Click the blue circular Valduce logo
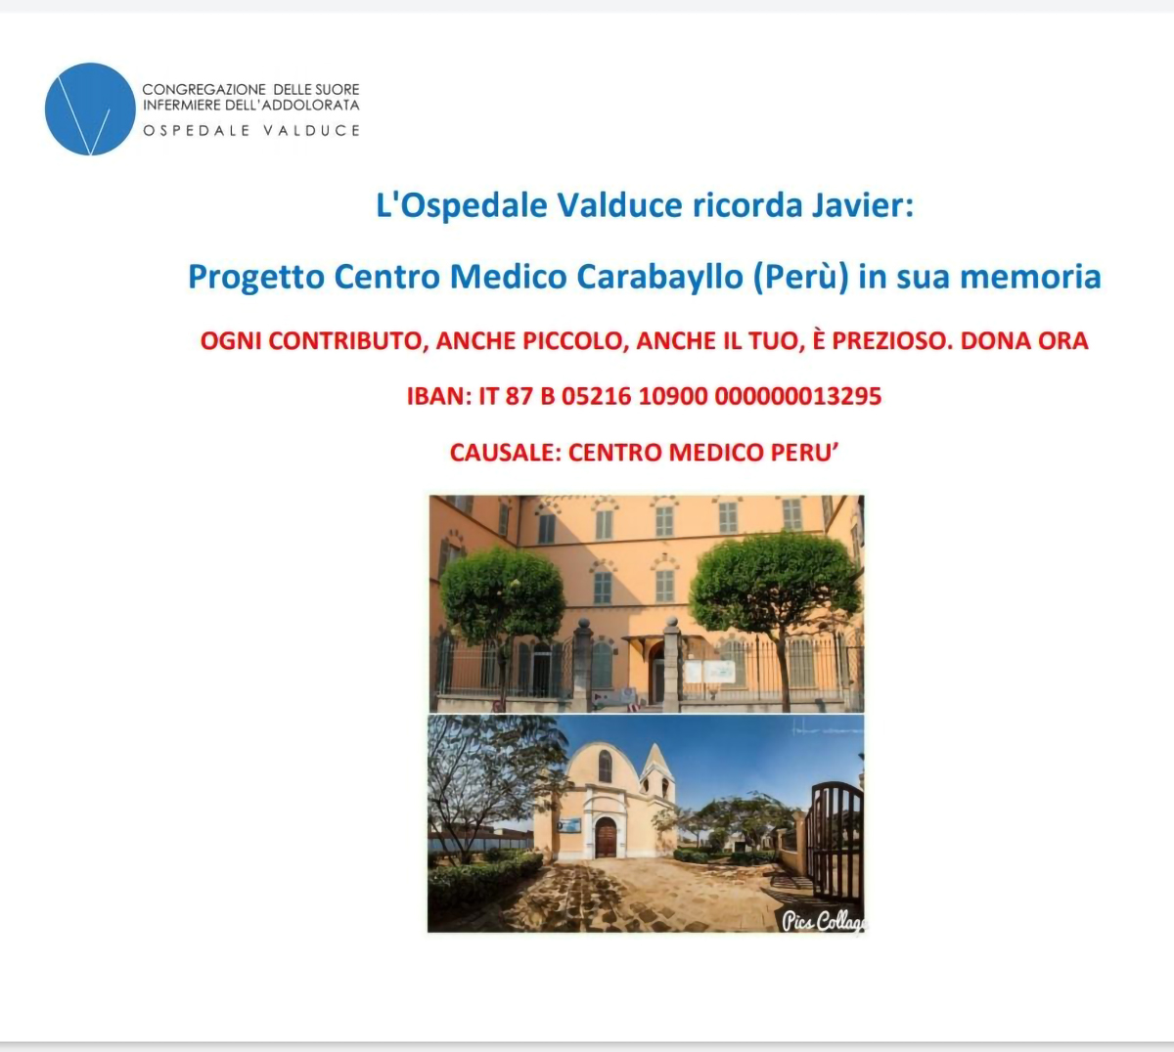90,109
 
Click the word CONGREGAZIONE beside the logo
203,90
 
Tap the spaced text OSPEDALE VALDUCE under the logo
251,130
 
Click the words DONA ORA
1024,340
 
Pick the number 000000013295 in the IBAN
798,397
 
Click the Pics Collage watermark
824,921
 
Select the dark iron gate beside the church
836,840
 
